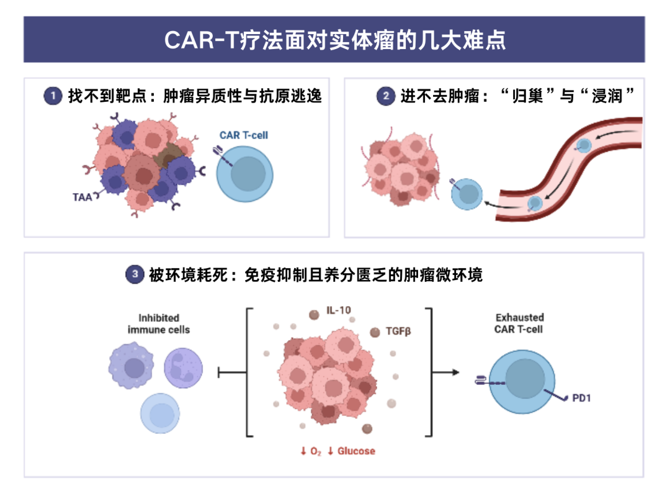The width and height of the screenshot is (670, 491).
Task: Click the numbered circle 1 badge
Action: click(x=53, y=96)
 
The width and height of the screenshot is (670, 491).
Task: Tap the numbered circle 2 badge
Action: click(x=385, y=96)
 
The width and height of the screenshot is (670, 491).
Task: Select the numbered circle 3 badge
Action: click(x=135, y=274)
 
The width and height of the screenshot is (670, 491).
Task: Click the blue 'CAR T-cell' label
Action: click(x=244, y=135)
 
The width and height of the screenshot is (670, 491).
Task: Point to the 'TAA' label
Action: click(x=82, y=197)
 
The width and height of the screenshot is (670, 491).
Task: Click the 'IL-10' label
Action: click(x=339, y=310)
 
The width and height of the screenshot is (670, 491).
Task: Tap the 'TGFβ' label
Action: click(x=398, y=331)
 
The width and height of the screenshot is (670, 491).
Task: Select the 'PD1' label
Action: click(x=581, y=398)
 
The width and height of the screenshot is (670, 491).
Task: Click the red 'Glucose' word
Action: click(x=356, y=451)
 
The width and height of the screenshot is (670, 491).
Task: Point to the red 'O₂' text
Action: click(x=315, y=451)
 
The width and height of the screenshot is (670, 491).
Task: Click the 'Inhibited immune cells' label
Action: click(x=159, y=324)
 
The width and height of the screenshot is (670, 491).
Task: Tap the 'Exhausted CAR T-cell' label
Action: click(x=519, y=323)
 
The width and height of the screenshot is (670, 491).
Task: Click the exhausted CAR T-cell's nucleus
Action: click(x=525, y=379)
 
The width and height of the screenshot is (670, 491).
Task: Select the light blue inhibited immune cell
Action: click(x=160, y=413)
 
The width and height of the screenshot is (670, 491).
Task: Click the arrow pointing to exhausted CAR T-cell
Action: click(x=446, y=372)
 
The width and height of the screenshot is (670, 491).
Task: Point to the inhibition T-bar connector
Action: click(x=232, y=372)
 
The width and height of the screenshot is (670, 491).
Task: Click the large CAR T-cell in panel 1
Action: click(x=245, y=174)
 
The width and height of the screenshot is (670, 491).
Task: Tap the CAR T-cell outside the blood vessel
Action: click(x=467, y=194)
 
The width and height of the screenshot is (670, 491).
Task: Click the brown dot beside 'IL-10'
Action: click(x=314, y=315)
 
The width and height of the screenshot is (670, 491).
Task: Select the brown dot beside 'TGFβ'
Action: click(x=375, y=332)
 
